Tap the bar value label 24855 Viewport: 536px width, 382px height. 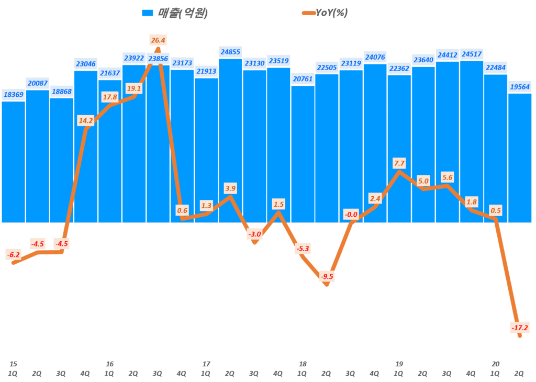tap(230, 52)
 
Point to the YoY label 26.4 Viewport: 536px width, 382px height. tap(158, 40)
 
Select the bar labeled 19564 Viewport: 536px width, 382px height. tap(520, 157)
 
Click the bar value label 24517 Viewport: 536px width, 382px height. tap(471, 54)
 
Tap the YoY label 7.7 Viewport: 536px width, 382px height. tap(399, 163)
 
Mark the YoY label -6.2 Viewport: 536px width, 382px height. tap(13, 255)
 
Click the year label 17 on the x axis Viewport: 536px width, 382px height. tap(206, 364)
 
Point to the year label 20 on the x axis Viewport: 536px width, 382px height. tap(495, 364)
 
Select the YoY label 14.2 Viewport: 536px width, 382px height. tap(85, 120)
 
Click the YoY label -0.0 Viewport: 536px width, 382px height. tap(351, 215)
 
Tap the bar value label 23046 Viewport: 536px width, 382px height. tap(85, 64)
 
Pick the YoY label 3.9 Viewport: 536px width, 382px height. tap(230, 187)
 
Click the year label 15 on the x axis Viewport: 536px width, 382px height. tap(13, 364)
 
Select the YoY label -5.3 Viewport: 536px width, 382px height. tap(303, 249)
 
